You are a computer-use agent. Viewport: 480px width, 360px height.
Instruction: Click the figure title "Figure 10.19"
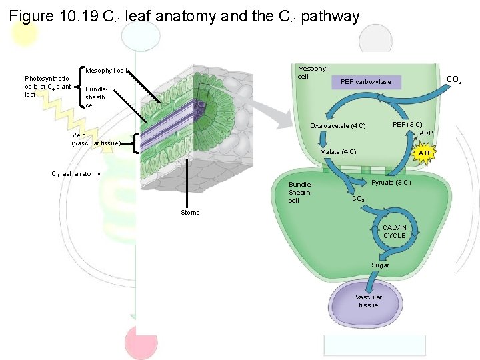tap(53, 15)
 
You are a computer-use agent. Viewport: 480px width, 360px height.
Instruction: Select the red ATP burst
tap(424, 153)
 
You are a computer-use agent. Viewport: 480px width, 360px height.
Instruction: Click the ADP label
tap(426, 133)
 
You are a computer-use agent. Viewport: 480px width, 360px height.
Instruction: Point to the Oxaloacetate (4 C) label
tap(338, 126)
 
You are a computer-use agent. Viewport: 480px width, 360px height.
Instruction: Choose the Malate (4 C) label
tap(338, 152)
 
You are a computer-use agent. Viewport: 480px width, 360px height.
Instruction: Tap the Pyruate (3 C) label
tap(391, 183)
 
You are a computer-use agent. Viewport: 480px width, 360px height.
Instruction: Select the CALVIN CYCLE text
tap(394, 231)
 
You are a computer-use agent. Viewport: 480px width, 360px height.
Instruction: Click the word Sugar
tap(380, 265)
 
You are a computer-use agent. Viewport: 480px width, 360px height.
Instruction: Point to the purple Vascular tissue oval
tap(368, 301)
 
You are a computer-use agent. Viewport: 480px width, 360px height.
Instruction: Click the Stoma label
tap(190, 213)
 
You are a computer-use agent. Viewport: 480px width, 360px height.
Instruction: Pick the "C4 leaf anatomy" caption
tap(76, 174)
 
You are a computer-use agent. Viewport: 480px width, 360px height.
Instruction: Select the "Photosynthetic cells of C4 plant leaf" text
tap(47, 87)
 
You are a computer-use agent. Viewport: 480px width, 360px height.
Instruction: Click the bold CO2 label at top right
tap(453, 81)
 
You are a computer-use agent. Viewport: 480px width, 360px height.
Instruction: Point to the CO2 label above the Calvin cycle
tap(357, 199)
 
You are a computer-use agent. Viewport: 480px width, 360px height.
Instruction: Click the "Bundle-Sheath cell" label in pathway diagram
tap(299, 192)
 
